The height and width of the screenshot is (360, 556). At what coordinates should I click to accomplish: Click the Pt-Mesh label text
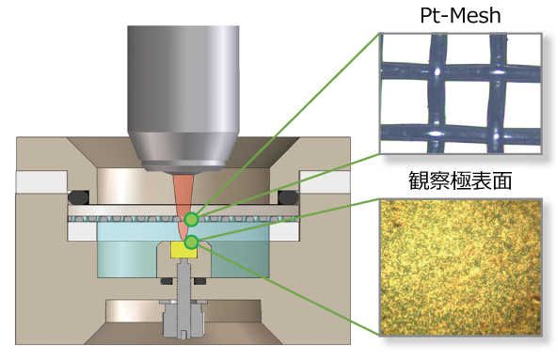point(460,16)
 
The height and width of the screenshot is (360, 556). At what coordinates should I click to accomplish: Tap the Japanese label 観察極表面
point(460,180)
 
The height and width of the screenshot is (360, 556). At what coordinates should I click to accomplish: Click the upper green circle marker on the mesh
point(192,219)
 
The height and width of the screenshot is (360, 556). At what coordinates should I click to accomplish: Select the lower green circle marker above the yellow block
point(192,243)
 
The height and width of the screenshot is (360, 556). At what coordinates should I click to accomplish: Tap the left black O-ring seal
point(79,197)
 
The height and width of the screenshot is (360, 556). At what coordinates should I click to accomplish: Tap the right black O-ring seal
point(288,197)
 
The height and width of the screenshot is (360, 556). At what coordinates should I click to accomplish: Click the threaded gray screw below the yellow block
point(183,280)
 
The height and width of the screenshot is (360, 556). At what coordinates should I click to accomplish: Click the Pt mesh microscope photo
point(461,94)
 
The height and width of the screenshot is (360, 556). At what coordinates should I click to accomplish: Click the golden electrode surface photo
point(461,267)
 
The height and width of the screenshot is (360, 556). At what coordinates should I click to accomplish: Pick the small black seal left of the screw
point(167,281)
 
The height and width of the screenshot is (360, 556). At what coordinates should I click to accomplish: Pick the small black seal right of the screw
point(200,281)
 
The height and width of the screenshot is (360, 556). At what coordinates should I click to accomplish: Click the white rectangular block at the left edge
point(41,181)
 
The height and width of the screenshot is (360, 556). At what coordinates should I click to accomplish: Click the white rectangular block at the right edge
point(326,181)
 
